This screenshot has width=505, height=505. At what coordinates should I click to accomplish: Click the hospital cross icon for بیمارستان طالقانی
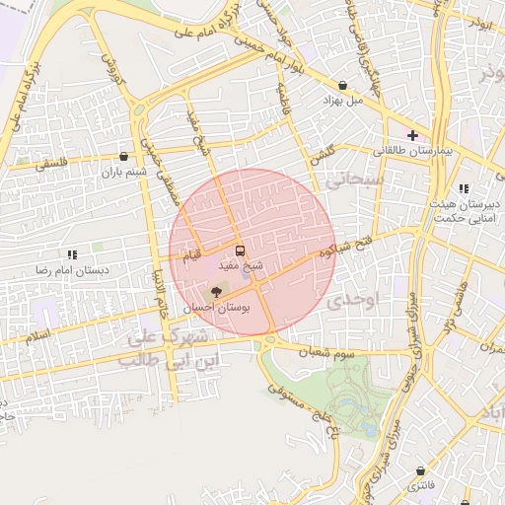pos(413,135)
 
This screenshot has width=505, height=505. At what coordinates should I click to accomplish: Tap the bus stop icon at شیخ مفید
pos(240,252)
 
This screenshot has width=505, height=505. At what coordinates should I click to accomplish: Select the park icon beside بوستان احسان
pos(217,292)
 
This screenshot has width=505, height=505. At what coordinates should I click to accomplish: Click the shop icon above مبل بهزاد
pos(342,86)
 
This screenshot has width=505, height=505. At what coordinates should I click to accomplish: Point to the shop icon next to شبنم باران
pos(123,156)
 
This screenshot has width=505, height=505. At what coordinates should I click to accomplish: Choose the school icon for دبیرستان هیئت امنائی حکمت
pos(464,189)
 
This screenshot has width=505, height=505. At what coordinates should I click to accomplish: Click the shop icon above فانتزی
pos(422,472)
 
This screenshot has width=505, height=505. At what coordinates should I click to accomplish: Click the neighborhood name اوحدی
pos(354,298)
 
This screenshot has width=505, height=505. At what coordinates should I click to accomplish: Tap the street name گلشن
pos(323,153)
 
